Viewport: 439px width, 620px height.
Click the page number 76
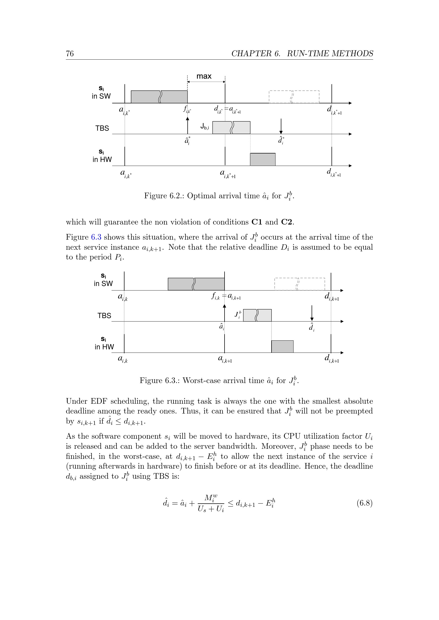70,54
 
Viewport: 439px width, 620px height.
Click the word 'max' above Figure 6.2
204,76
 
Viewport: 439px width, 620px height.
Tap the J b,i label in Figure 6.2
205,126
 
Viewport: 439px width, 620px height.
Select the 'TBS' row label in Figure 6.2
102,128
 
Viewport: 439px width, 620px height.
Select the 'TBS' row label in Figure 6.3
104,316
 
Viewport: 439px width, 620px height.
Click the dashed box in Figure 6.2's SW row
294,97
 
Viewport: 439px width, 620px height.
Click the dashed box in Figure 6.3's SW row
299,284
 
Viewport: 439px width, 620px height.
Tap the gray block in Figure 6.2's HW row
262,159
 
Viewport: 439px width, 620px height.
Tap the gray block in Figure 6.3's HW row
282,346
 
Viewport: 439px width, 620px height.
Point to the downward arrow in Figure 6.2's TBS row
281,126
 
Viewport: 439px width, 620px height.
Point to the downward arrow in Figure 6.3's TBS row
312,313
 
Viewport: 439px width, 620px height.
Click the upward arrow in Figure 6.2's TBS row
188,126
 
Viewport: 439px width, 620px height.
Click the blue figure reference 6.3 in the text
96,237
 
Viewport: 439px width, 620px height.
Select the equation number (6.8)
364,503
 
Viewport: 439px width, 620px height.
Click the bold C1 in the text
257,222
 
